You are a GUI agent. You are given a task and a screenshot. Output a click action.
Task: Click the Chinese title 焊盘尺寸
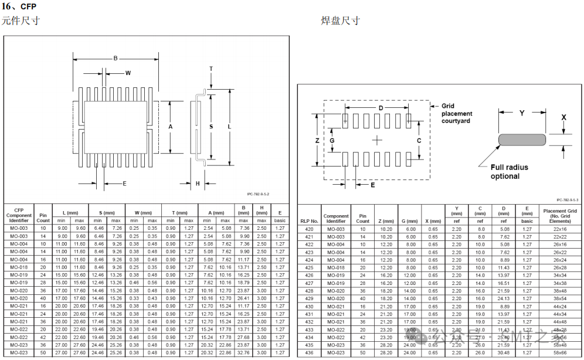340,21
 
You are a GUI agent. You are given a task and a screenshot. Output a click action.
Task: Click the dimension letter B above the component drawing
116,58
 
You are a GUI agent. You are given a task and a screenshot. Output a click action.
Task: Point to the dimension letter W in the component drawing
127,73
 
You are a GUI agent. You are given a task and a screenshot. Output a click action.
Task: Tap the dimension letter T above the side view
211,69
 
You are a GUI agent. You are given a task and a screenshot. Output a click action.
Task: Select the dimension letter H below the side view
198,184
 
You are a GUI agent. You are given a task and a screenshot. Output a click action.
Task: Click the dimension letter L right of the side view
229,127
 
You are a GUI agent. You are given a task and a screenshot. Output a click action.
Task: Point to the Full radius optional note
509,171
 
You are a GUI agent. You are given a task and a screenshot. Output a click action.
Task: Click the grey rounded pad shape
522,140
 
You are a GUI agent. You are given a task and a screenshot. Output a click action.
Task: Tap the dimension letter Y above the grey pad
522,113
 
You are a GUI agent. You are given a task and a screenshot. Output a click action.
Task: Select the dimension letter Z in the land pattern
317,141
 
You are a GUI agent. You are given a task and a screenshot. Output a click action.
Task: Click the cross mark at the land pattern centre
376,140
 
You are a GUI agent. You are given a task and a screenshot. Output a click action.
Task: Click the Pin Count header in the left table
43,217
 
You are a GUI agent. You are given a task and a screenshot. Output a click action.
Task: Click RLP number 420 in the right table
309,229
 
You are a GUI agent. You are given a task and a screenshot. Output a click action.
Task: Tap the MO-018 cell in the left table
19,267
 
